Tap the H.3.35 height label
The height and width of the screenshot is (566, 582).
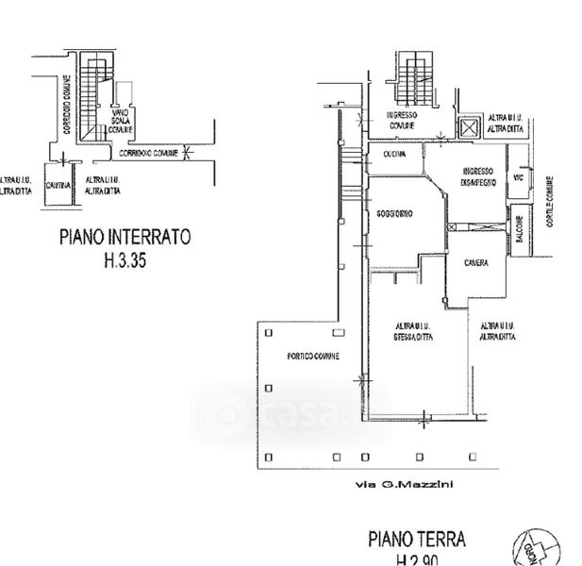(125, 263)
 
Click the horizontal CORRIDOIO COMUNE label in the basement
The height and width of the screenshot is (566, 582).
(148, 152)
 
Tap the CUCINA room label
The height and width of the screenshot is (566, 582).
(394, 155)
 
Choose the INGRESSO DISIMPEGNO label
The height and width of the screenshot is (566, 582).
(479, 175)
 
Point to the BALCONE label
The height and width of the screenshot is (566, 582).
(519, 229)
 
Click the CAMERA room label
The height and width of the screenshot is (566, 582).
(475, 262)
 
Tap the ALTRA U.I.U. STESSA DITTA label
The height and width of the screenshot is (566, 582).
(413, 333)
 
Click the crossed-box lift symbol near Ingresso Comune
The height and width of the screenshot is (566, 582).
(467, 128)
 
